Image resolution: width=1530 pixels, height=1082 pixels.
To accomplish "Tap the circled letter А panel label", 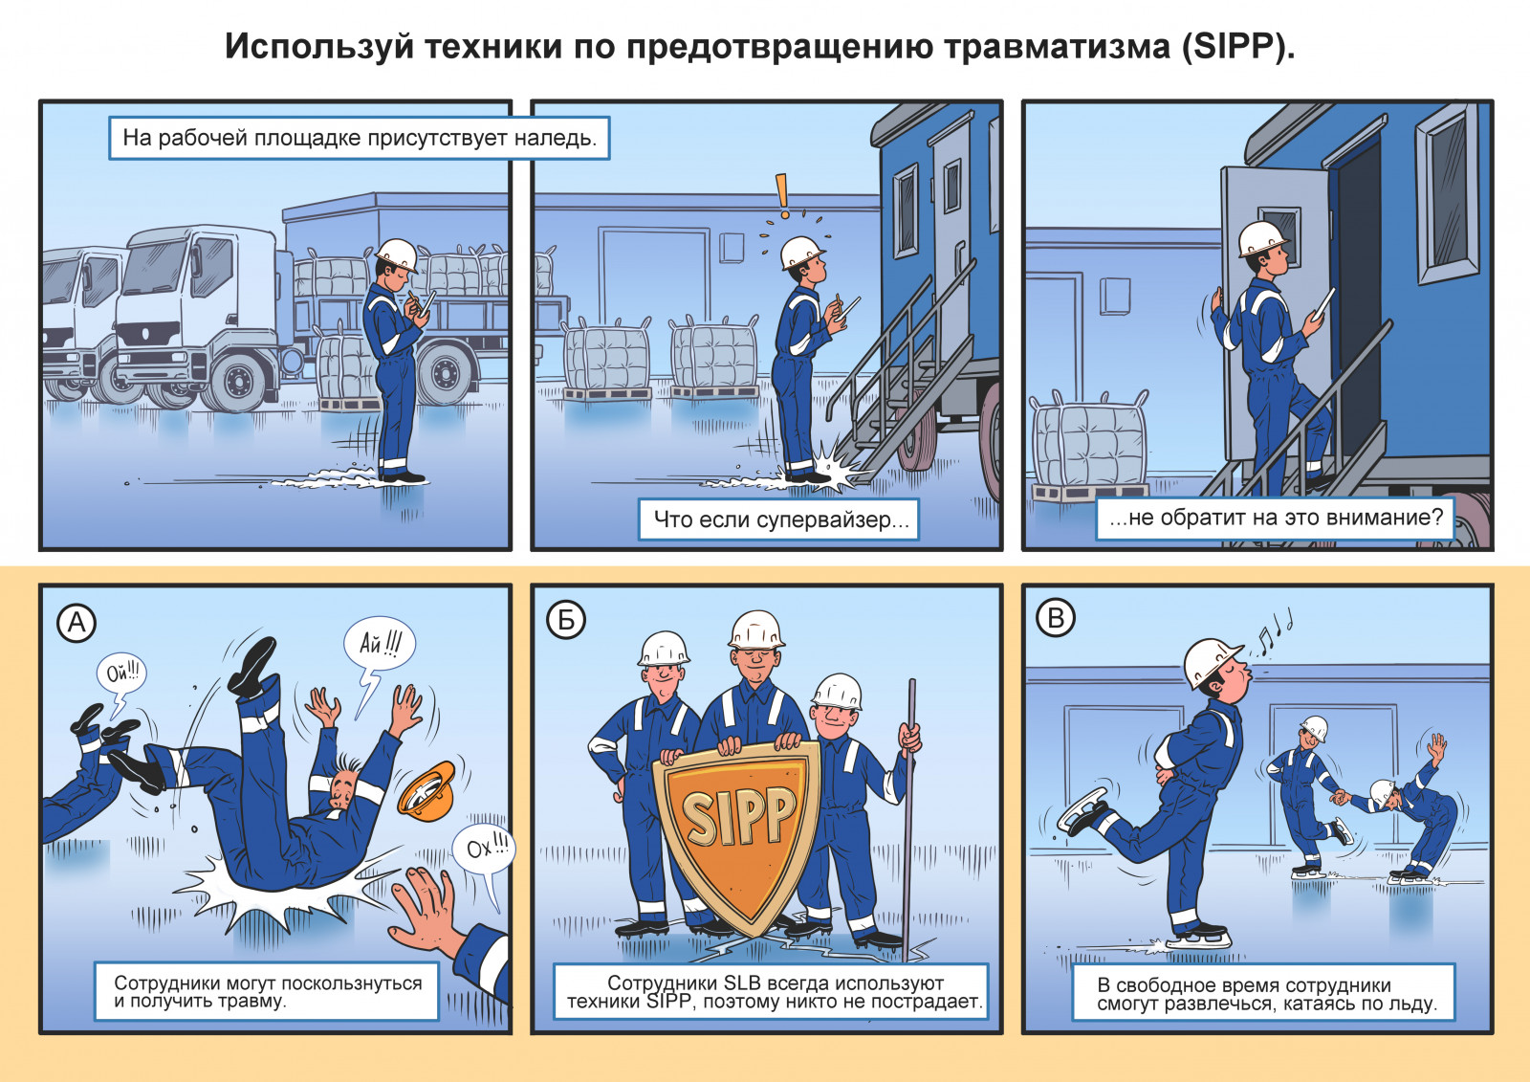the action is (x=76, y=623).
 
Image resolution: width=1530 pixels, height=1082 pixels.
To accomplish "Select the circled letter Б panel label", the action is (x=566, y=620).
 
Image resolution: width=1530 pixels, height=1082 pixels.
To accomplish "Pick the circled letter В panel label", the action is (x=1056, y=618).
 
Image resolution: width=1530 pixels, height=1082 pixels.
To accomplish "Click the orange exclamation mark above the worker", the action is (x=782, y=195).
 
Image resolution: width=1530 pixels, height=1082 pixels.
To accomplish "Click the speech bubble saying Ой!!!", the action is (x=121, y=675).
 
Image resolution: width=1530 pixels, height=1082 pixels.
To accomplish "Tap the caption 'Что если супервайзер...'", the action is (x=778, y=519).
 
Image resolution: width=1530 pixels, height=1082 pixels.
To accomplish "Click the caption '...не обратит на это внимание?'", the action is (x=1275, y=519).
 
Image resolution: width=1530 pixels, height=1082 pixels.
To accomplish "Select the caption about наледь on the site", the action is (x=360, y=138).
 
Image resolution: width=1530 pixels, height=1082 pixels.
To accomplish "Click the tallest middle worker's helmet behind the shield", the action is (x=756, y=629).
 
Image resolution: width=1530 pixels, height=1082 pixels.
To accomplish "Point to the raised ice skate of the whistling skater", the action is (x=1082, y=811).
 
